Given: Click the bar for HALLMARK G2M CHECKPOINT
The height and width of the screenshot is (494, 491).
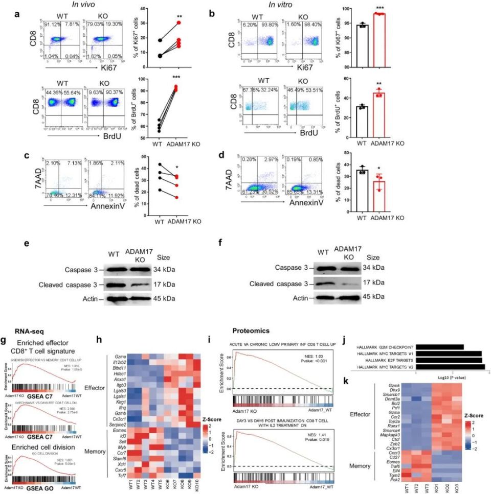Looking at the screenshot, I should [x=431, y=347].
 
